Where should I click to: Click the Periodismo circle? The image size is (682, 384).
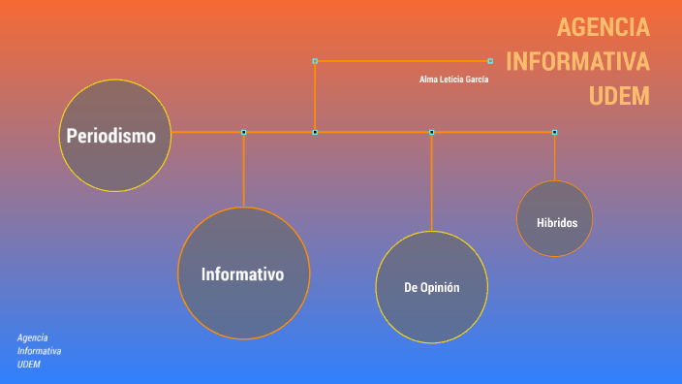[x=114, y=136]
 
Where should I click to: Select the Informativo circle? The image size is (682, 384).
[x=243, y=273]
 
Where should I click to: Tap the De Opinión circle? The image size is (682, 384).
[x=431, y=287]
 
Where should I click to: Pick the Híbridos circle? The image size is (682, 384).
[x=555, y=219]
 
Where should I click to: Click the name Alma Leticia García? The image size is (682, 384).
[x=453, y=80]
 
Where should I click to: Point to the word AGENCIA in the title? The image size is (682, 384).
[x=604, y=27]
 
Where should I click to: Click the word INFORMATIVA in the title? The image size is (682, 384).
[x=577, y=62]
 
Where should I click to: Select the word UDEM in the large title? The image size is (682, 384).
[x=619, y=96]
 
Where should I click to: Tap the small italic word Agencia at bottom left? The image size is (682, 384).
[x=33, y=336]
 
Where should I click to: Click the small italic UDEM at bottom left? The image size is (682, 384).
[x=29, y=364]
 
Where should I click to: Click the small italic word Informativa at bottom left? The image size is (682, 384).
[x=40, y=350]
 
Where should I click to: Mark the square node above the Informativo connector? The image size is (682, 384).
[x=244, y=132]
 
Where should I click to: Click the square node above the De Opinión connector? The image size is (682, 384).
[x=431, y=132]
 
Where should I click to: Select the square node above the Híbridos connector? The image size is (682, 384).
[x=554, y=132]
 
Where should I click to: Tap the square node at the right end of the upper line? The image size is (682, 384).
[x=490, y=61]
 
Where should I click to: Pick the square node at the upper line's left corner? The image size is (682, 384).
[x=315, y=61]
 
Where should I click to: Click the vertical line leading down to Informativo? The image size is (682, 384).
[x=244, y=170]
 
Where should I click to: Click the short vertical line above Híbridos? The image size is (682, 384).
[x=554, y=156]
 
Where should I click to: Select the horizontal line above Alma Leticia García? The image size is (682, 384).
[x=402, y=61]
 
